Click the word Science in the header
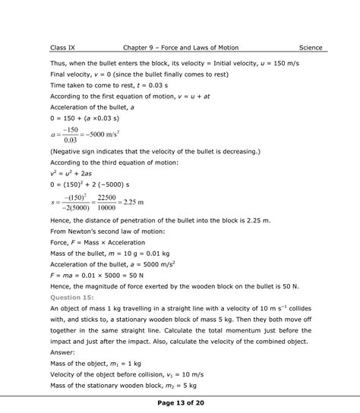311,48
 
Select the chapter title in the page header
182,48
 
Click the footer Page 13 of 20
179,402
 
